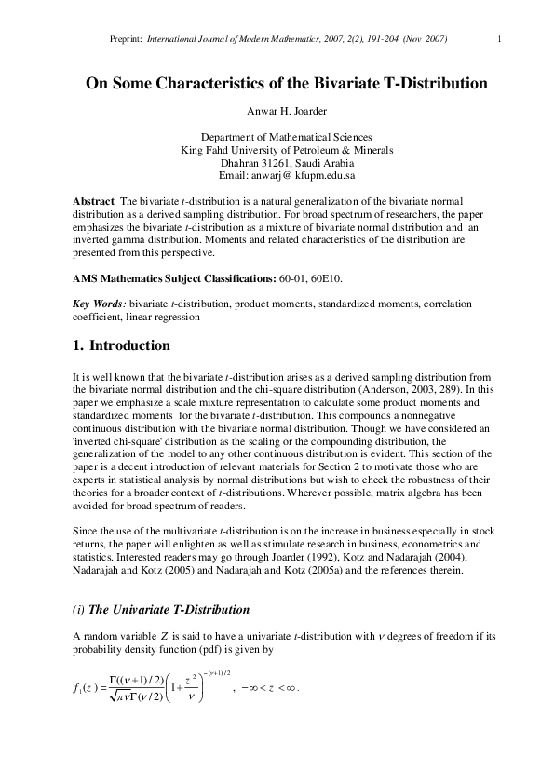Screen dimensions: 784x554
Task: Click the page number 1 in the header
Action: coord(500,38)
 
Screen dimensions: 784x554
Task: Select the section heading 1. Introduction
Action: coord(121,345)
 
